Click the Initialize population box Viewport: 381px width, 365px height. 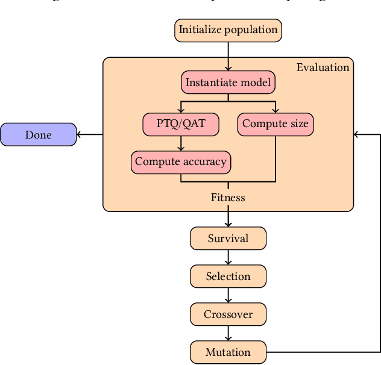(x=228, y=30)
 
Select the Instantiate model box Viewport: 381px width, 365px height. (x=228, y=83)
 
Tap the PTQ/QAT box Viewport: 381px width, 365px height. (x=180, y=125)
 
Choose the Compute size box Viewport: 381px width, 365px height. (x=275, y=125)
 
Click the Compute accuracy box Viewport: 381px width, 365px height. (x=180, y=161)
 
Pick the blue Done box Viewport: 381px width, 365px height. (x=38, y=135)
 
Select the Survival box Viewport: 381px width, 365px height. (x=228, y=239)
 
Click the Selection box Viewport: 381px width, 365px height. (x=228, y=276)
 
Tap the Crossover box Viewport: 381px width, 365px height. (x=228, y=314)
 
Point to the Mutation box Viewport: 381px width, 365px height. (x=228, y=352)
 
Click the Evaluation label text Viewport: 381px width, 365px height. (x=323, y=67)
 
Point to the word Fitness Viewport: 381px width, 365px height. (x=228, y=198)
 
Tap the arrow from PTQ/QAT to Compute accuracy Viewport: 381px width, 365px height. (x=180, y=143)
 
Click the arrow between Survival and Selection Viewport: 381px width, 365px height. (x=228, y=257)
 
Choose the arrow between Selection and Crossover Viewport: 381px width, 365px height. (x=228, y=295)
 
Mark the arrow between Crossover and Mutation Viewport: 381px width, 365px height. (x=228, y=333)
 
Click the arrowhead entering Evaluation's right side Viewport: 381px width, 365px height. (x=358, y=135)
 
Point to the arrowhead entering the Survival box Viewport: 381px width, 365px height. (x=228, y=223)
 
